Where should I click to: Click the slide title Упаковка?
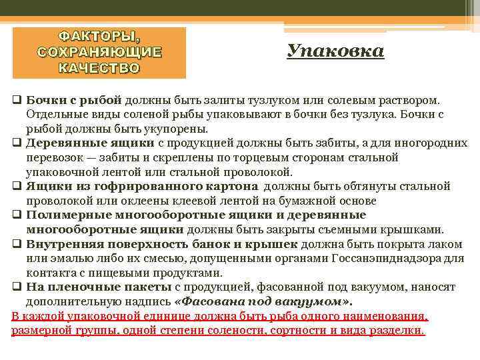click(x=336, y=51)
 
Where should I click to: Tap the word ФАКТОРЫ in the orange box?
click(x=100, y=35)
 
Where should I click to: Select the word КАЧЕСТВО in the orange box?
click(x=100, y=67)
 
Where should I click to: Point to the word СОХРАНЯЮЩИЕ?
click(x=100, y=51)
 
